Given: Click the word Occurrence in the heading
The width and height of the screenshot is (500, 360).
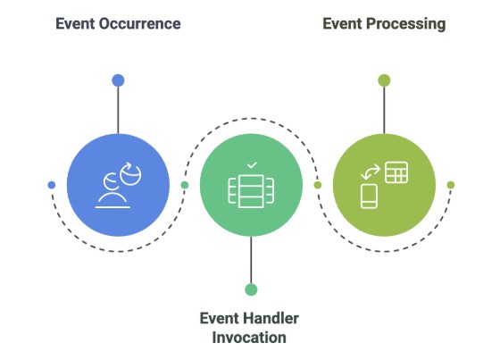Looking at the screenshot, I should tap(139, 24).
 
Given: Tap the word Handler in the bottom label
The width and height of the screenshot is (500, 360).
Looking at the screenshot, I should tap(266, 319).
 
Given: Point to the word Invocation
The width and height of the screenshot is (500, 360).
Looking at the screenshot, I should tap(249, 338).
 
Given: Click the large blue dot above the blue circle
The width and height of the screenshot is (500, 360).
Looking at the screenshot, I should tap(118, 80).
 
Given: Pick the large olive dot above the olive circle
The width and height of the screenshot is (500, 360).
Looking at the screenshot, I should tap(384, 80).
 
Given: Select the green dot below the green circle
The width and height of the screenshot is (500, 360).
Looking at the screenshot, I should tap(251, 289).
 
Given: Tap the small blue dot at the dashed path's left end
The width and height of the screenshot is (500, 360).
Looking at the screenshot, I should tap(51, 185).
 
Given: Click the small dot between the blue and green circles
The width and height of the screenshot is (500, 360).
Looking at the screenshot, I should tap(184, 185).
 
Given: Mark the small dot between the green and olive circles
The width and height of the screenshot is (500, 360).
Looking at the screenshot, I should tap(318, 185).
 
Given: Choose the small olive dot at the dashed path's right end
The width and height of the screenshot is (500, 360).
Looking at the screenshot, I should tap(451, 185).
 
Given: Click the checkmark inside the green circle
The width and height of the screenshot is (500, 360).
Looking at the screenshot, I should tap(251, 165).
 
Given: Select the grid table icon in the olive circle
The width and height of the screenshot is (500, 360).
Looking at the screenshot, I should tap(396, 172).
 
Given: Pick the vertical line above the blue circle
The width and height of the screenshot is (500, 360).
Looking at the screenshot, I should tap(118, 109).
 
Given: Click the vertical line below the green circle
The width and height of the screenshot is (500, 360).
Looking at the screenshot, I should tap(251, 259).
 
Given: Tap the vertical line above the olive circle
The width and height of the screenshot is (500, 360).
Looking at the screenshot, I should tap(384, 109).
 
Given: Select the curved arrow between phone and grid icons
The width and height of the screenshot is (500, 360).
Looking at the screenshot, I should tap(371, 171).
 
